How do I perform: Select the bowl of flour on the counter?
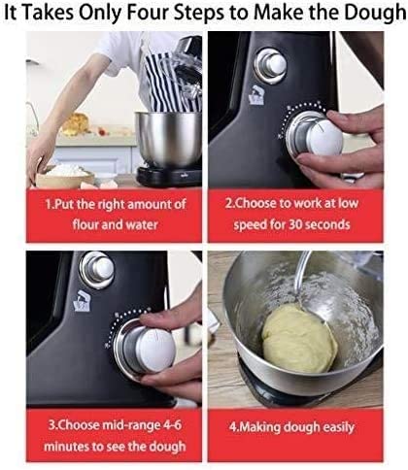(63, 175)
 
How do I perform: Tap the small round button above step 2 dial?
(275, 64)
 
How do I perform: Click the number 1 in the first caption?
(49, 206)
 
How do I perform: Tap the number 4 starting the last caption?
(230, 427)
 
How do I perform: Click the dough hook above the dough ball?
(302, 277)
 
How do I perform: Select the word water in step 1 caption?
(147, 224)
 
